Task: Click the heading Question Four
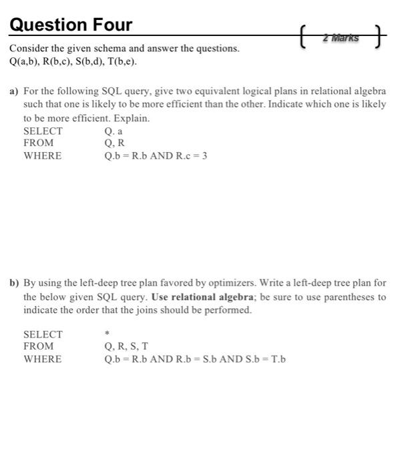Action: [x=71, y=25]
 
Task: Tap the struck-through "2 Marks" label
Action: [x=340, y=38]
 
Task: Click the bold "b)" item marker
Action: [x=13, y=283]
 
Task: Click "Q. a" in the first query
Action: [x=114, y=131]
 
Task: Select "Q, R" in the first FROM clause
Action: [x=114, y=143]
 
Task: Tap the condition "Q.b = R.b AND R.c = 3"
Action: [x=160, y=155]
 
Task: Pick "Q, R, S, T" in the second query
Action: [x=126, y=346]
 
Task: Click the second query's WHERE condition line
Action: [x=195, y=359]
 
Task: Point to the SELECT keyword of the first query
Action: [x=43, y=131]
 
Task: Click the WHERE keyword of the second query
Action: [x=42, y=359]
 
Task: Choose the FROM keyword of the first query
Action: [x=38, y=143]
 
